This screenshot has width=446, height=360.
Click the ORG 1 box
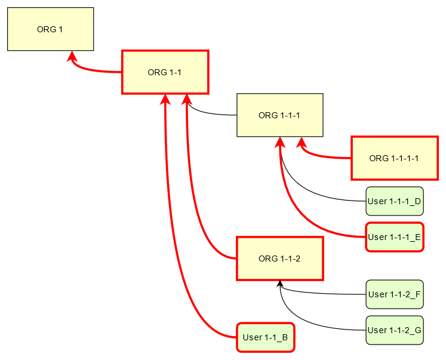[x=50, y=29]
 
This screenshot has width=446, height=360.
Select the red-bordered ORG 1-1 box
[x=165, y=72]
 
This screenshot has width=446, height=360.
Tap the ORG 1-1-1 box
[x=279, y=115]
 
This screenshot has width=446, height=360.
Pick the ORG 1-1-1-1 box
[x=394, y=158]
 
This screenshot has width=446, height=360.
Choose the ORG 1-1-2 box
[x=279, y=259]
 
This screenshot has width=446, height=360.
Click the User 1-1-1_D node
[x=394, y=201]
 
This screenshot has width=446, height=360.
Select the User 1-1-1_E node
[x=394, y=237]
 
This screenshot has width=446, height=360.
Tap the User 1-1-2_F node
[x=394, y=294]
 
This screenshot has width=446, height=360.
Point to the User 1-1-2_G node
[x=394, y=330]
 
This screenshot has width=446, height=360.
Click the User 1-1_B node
[x=265, y=337]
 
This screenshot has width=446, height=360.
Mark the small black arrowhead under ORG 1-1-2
[x=279, y=284]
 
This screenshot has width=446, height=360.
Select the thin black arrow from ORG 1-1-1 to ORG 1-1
[x=209, y=113]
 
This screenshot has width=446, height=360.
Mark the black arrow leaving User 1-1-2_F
[x=322, y=294]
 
